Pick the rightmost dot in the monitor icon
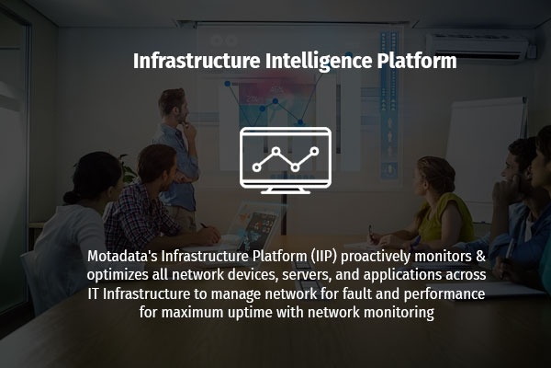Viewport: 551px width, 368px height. (314, 151)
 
